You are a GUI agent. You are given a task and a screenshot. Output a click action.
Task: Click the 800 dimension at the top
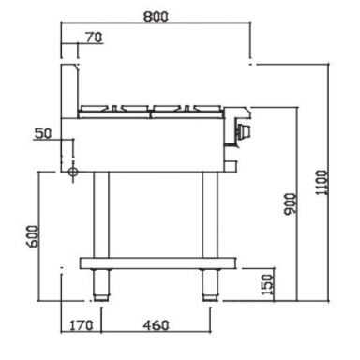pos(157,16)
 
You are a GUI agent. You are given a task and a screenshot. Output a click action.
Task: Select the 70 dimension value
pos(92,38)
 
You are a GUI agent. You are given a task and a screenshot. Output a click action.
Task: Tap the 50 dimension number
pos(41,134)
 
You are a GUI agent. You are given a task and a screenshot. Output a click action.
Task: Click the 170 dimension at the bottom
pos(80,327)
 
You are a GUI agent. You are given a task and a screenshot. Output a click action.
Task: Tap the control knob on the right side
pos(245,131)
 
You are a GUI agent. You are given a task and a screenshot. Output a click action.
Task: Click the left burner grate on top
pos(116,107)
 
